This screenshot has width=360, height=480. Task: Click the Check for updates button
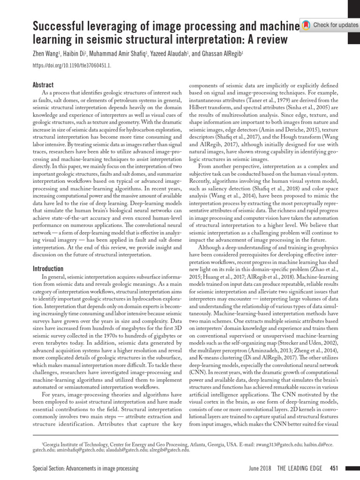tap(329, 24)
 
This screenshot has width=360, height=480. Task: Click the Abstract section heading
tap(43, 85)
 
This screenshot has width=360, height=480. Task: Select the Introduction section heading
tap(48, 269)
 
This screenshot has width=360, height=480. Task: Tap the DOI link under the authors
tap(72, 66)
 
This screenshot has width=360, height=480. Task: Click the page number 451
tap(334, 469)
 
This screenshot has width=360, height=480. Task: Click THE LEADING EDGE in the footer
tap(301, 469)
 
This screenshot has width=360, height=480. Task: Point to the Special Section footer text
tap(85, 469)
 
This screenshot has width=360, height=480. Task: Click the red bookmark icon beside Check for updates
tap(306, 24)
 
